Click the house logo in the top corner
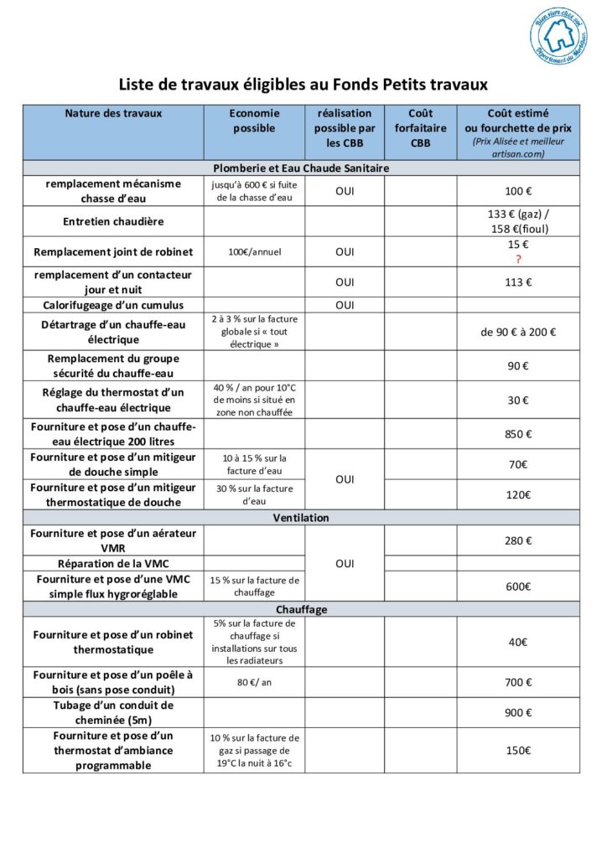pyautogui.click(x=558, y=36)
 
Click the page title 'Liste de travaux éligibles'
pyautogui.click(x=303, y=85)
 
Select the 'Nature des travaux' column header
pyautogui.click(x=113, y=113)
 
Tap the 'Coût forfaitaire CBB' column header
pyautogui.click(x=420, y=127)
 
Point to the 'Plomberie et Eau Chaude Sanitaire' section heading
pyautogui.click(x=301, y=168)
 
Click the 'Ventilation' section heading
pyautogui.click(x=301, y=518)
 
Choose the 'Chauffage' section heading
pyautogui.click(x=301, y=609)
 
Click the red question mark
pyautogui.click(x=518, y=260)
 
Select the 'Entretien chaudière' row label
pyautogui.click(x=113, y=221)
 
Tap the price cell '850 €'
pyautogui.click(x=518, y=434)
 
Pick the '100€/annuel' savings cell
pyautogui.click(x=254, y=251)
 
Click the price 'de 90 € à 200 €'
pyautogui.click(x=518, y=332)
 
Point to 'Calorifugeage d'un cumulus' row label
pyautogui.click(x=113, y=305)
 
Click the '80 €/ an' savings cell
pyautogui.click(x=254, y=682)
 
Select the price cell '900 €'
pyautogui.click(x=518, y=712)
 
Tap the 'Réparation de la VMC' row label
pyautogui.click(x=113, y=563)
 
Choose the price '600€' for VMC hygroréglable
pyautogui.click(x=518, y=587)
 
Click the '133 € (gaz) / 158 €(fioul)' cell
pyautogui.click(x=518, y=221)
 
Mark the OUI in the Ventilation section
pyautogui.click(x=345, y=563)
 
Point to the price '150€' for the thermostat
pyautogui.click(x=518, y=750)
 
